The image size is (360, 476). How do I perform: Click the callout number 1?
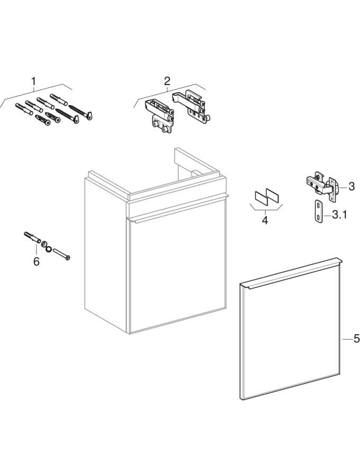click(x=33, y=81)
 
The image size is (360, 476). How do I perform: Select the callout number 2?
click(x=167, y=81)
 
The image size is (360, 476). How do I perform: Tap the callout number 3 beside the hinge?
click(x=352, y=186)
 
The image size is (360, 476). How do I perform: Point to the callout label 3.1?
click(x=339, y=215)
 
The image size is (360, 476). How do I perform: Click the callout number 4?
click(x=265, y=220)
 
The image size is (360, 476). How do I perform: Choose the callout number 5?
click(x=356, y=338)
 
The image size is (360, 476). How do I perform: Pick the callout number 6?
click(x=37, y=261)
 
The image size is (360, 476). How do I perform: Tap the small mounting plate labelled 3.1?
click(x=318, y=212)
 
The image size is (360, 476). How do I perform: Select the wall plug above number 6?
click(x=32, y=237)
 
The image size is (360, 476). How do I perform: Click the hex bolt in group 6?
click(x=62, y=254)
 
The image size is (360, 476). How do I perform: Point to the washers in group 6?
click(x=47, y=246)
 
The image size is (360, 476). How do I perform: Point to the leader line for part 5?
click(x=347, y=339)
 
